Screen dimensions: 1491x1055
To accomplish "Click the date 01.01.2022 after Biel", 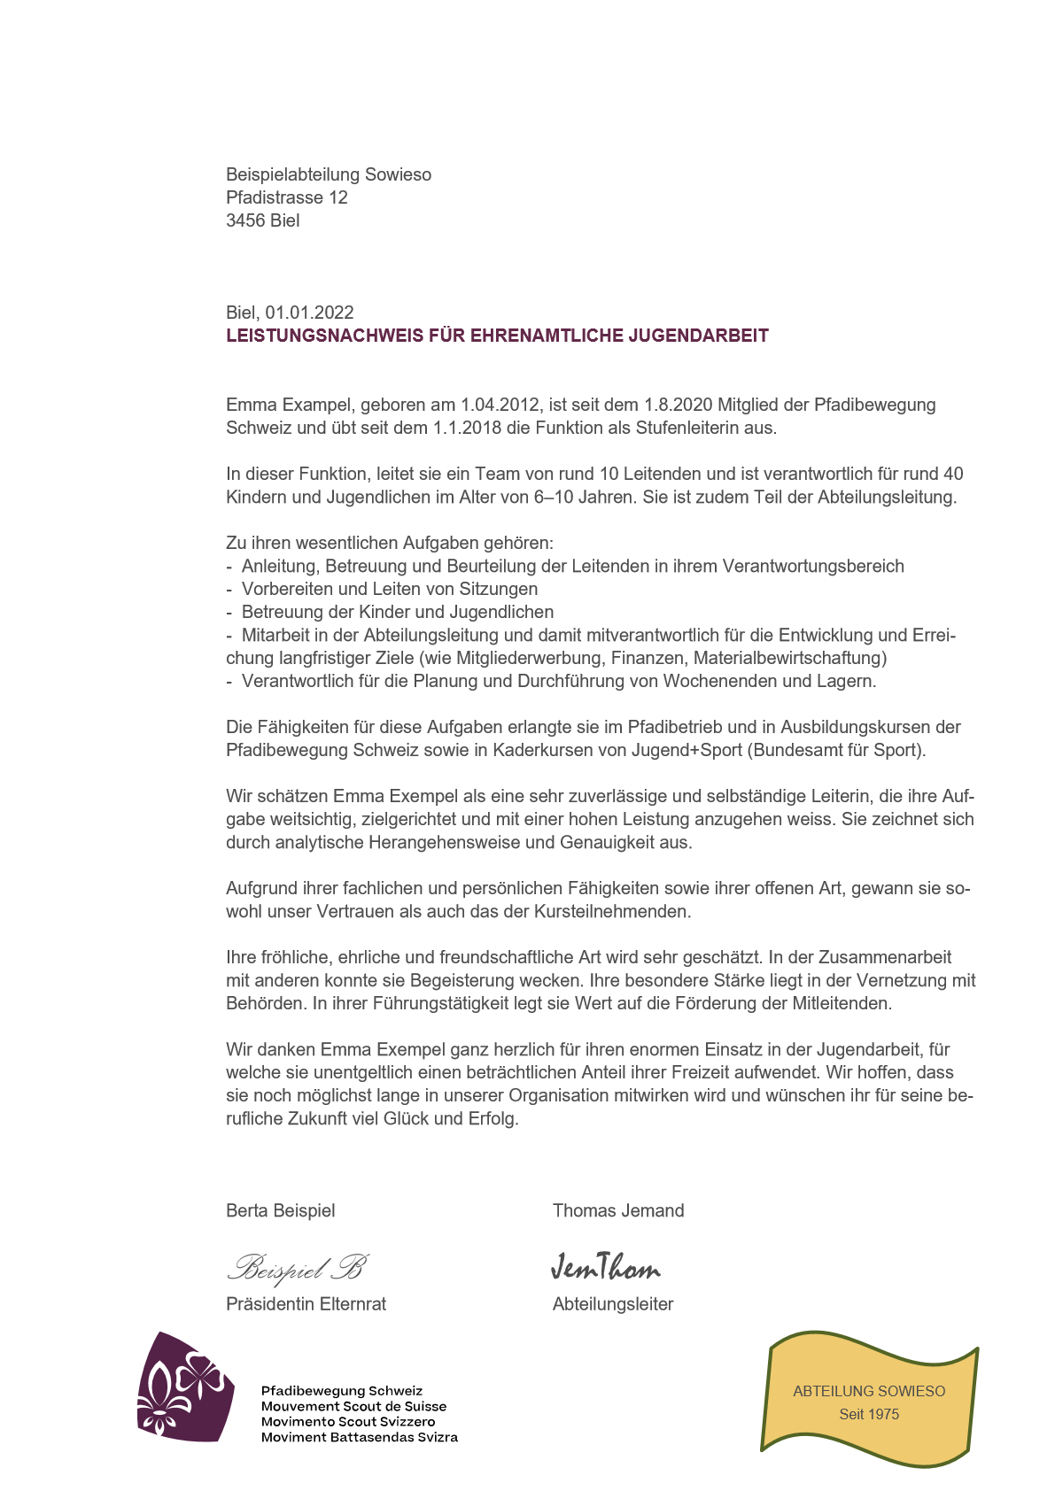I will [309, 313].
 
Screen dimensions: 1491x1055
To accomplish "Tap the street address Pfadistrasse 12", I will [287, 197].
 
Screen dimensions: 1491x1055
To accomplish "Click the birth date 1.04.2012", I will [500, 405].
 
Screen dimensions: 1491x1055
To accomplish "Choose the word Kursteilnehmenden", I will [613, 911].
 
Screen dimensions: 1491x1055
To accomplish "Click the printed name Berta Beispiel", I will [281, 1210].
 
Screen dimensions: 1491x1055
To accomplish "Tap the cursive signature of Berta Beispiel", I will [298, 1268].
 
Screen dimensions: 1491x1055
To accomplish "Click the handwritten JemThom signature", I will [606, 1268].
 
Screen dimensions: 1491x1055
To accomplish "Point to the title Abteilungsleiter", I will [613, 1303].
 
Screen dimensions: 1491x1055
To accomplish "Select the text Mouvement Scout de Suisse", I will [353, 1406].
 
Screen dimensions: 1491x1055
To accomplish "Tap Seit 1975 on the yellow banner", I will [869, 1414].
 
